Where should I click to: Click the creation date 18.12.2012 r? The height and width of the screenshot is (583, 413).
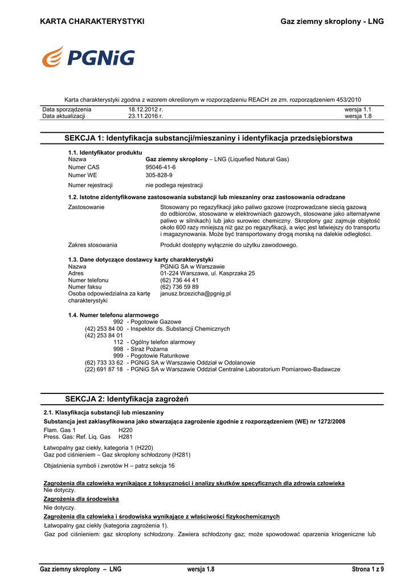(145, 109)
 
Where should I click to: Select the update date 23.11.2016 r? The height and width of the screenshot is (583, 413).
(145, 116)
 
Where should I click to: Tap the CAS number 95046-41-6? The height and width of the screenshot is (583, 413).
(161, 167)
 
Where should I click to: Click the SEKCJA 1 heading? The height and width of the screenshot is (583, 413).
(208, 138)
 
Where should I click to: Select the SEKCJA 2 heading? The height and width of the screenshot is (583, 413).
(127, 400)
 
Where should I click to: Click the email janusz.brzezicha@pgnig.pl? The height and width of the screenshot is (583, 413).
(195, 294)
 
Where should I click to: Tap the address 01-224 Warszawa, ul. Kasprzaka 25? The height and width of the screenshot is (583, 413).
(207, 273)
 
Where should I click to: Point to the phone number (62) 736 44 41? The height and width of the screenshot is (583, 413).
(179, 280)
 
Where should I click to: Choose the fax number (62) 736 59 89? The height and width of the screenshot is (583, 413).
(179, 287)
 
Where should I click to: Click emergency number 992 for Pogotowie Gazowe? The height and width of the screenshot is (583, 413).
(118, 322)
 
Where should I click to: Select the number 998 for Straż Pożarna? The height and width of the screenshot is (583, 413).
(118, 349)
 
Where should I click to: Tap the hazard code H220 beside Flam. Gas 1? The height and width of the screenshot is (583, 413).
(125, 430)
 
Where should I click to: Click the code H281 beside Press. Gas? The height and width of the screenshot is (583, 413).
(125, 437)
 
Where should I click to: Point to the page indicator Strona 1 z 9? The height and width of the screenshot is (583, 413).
(368, 569)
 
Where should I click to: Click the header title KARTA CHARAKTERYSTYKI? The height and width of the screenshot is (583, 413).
(92, 22)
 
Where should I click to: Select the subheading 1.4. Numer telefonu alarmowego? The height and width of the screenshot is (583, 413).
(113, 315)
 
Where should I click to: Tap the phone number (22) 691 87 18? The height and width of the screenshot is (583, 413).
(104, 369)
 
